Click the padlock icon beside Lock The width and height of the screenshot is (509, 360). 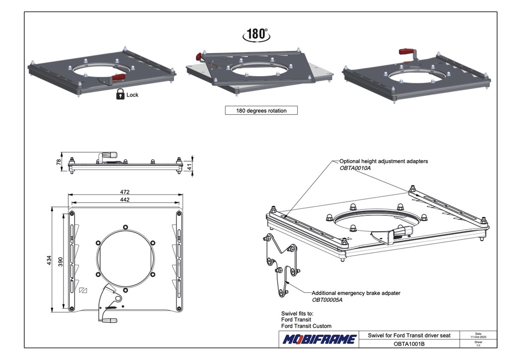[x=120, y=94]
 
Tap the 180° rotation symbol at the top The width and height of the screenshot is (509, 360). [x=256, y=34]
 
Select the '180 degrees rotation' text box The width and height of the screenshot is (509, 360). [x=261, y=110]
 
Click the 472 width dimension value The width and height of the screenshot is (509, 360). [x=125, y=192]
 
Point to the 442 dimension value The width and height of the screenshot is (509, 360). [x=125, y=199]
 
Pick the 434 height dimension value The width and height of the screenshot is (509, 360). [x=49, y=260]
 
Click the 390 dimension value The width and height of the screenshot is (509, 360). [x=60, y=262]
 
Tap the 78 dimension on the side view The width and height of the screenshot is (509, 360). [x=59, y=161]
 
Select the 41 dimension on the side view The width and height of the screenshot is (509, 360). [x=189, y=167]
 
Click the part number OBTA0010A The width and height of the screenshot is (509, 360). [x=355, y=168]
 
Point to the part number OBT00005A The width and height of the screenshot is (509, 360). [x=327, y=300]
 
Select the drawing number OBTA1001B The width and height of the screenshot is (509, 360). [x=409, y=344]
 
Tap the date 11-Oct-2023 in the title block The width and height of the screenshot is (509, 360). [x=478, y=337]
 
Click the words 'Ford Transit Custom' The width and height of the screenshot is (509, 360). [x=306, y=326]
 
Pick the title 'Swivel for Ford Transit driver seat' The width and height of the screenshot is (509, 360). [x=409, y=335]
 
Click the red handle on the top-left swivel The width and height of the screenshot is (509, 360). [x=118, y=77]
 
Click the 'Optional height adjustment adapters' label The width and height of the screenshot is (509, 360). [x=384, y=161]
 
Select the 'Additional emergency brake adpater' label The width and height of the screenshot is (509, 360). [x=356, y=293]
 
